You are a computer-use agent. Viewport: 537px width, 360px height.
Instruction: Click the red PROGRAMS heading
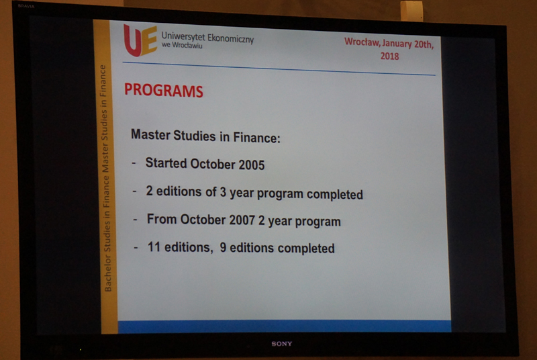tap(164, 90)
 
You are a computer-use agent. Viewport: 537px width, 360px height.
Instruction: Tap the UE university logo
tap(140, 40)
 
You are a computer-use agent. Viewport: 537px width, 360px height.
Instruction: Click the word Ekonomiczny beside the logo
tap(230, 38)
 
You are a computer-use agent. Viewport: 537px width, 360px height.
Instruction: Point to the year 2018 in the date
tap(390, 56)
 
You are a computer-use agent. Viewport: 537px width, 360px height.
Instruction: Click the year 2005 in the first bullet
tap(252, 165)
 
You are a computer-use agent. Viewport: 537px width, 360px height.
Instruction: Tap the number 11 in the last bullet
tap(154, 246)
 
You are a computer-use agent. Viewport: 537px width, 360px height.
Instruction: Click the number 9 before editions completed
tap(223, 247)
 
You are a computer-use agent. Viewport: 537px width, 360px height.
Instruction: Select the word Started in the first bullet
tap(166, 163)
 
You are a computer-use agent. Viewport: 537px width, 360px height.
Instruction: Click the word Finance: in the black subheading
tap(256, 138)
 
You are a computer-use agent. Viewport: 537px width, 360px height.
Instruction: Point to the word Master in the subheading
tap(150, 134)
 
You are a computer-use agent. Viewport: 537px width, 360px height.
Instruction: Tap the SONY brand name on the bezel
tap(282, 344)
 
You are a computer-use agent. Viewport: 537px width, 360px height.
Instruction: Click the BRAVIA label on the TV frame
tap(26, 6)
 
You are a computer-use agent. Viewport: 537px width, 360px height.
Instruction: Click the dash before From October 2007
tap(136, 219)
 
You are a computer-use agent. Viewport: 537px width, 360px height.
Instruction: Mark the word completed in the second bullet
tap(334, 194)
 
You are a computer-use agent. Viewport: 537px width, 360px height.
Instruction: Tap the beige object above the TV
tap(411, 10)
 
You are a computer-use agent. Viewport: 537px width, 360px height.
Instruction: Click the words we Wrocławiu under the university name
tap(182, 45)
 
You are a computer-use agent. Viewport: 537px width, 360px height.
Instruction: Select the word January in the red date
tap(397, 44)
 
